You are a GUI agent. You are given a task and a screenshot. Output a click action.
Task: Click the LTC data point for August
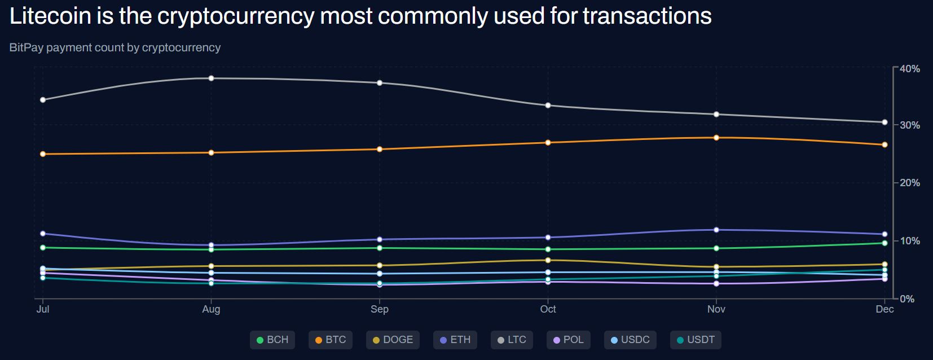coord(211,78)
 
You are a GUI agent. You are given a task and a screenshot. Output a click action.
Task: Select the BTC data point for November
coord(716,138)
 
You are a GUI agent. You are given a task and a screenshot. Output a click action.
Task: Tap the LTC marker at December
coord(884,122)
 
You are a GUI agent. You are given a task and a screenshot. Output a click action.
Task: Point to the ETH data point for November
coord(716,230)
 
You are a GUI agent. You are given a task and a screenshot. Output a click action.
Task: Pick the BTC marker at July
coord(43,154)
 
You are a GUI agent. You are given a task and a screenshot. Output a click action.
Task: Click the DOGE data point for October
coord(548,260)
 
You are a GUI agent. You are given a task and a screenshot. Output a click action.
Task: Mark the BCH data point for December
coord(884,243)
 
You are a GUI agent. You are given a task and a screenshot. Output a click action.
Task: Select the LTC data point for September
coord(380,83)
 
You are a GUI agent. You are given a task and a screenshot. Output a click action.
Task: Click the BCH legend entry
coord(272,340)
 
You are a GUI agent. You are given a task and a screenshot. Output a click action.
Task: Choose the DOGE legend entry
coord(393,340)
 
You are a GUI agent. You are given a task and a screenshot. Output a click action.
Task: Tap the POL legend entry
coord(568,340)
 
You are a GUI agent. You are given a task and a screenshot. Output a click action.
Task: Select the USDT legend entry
coord(696,340)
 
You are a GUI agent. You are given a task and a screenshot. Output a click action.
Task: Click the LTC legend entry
coord(512,340)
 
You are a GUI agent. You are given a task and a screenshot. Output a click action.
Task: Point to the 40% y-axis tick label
coord(910,69)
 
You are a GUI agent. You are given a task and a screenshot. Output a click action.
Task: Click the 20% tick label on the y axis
coord(910,183)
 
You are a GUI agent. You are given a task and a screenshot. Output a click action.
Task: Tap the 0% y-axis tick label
coord(907,299)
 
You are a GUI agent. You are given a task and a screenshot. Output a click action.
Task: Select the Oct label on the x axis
coord(548,309)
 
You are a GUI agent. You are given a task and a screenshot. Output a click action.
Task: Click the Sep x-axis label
coord(380,309)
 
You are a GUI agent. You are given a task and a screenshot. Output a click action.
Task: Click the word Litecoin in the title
coord(50,16)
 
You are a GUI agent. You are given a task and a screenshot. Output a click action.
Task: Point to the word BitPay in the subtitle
coord(26,47)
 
